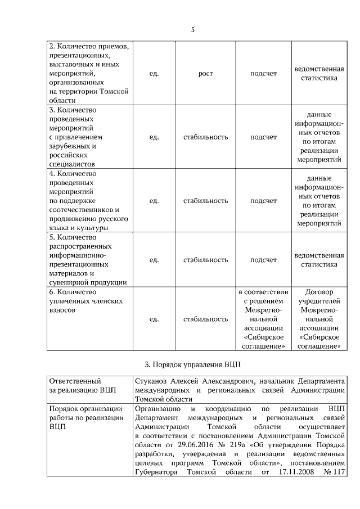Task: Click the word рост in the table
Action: [205, 73]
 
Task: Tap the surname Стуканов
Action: [152, 381]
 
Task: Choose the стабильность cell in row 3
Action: [205, 137]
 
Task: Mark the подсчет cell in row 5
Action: [263, 260]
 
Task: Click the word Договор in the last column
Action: [319, 292]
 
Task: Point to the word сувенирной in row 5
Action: [69, 282]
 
